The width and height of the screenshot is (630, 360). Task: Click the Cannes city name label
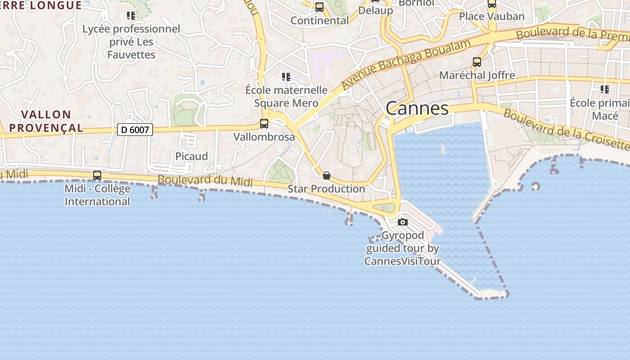(x=417, y=108)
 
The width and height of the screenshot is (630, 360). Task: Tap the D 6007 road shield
(x=135, y=130)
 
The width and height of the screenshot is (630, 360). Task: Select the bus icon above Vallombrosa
(x=264, y=123)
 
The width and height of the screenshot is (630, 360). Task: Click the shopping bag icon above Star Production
(x=327, y=175)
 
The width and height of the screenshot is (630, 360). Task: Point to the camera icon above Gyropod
(x=403, y=222)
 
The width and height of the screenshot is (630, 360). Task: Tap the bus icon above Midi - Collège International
(x=97, y=175)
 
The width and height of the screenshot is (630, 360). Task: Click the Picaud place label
(x=192, y=157)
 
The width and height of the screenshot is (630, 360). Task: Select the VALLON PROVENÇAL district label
(x=46, y=121)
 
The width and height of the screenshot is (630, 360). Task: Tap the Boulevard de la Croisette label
(x=566, y=129)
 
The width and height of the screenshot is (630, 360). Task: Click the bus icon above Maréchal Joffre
(x=477, y=62)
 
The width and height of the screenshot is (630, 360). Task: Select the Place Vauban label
(x=492, y=17)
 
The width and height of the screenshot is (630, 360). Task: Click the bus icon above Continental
(x=319, y=7)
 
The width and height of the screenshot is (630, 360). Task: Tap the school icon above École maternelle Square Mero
(x=286, y=77)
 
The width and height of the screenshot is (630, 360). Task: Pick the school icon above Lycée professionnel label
(x=131, y=16)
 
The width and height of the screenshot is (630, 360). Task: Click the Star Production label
(x=326, y=189)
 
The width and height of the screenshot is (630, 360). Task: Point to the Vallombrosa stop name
(x=264, y=137)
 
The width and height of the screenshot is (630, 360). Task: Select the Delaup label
(x=376, y=10)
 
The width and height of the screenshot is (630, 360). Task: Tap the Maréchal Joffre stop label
(x=477, y=75)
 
